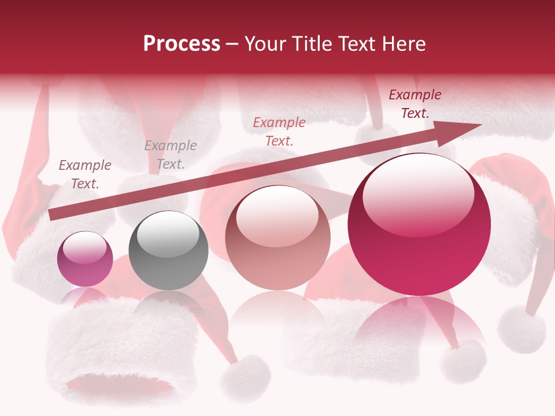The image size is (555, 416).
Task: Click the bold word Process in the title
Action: click(x=182, y=43)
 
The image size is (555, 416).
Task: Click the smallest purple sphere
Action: click(x=85, y=259)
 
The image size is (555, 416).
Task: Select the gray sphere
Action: click(x=168, y=250)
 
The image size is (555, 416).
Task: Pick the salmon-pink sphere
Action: click(x=277, y=237)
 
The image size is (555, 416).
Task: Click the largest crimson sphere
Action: click(x=419, y=224)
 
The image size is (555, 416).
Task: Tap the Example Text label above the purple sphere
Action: click(x=85, y=174)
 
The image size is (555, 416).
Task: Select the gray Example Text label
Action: click(x=171, y=155)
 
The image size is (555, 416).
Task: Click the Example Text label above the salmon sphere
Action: click(x=279, y=131)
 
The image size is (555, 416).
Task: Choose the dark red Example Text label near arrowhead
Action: click(x=415, y=104)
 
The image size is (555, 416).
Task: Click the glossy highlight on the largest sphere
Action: click(x=418, y=194)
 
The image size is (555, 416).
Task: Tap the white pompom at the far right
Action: click(x=521, y=329)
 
